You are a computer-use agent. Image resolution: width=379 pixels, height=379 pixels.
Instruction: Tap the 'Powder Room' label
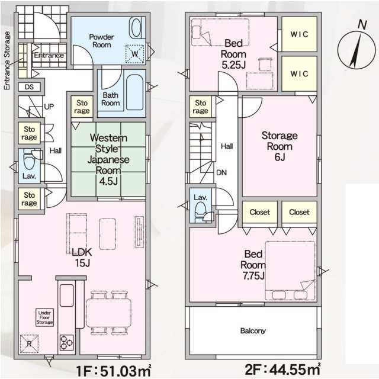point(101,40)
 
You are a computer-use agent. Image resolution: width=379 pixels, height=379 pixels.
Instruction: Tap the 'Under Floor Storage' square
point(45,317)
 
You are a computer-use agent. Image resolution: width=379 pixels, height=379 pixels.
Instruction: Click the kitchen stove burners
point(66,342)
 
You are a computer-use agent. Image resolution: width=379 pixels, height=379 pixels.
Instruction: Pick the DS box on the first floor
point(28,87)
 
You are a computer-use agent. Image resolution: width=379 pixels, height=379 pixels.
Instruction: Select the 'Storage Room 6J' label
point(280,146)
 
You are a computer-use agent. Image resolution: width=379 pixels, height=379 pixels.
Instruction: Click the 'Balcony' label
point(253,331)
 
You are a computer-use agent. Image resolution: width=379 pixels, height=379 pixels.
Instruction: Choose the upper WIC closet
point(298,35)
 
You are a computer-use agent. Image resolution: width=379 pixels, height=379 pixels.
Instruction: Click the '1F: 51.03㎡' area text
point(114,371)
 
